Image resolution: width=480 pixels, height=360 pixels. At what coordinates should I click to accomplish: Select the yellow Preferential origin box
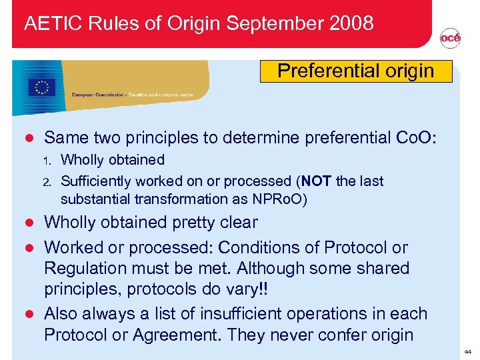(x=355, y=71)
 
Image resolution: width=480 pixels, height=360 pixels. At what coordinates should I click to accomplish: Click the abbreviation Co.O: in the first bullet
(x=415, y=138)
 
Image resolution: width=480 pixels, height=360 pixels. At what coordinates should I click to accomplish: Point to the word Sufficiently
(x=99, y=181)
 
